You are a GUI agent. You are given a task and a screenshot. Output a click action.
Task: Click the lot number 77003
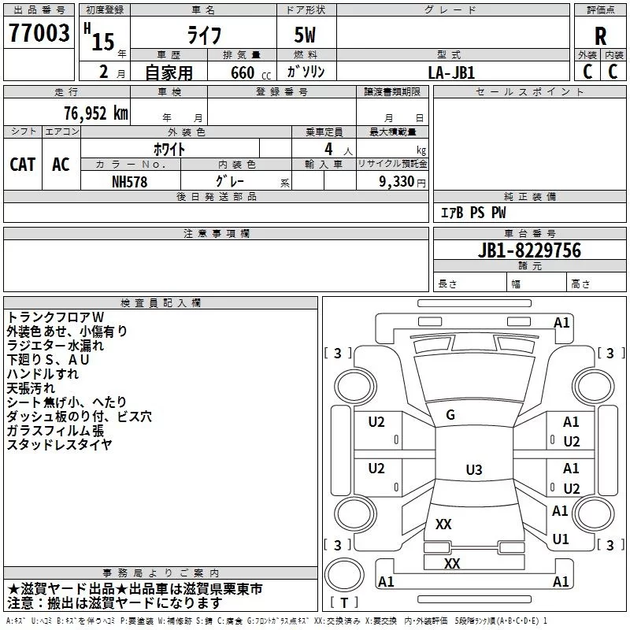click(x=39, y=34)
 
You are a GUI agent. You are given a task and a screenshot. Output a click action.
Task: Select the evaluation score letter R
click(x=600, y=35)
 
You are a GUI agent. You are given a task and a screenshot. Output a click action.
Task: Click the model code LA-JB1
click(x=451, y=72)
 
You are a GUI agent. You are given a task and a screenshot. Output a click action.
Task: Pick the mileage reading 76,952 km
click(x=91, y=113)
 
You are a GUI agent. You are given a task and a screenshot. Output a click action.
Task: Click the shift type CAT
click(x=22, y=164)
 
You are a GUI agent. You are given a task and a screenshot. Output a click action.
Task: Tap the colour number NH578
click(x=130, y=181)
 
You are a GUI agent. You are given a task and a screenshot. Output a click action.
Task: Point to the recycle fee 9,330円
click(x=401, y=181)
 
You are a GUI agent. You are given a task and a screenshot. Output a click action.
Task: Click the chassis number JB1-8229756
click(x=518, y=250)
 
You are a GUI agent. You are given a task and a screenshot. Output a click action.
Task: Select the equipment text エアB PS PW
click(x=473, y=213)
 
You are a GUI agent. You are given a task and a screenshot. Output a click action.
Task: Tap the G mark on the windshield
click(x=450, y=415)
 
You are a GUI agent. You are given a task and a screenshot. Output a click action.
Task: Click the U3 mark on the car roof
click(x=473, y=470)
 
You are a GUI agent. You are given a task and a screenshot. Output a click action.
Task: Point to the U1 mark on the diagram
click(x=561, y=539)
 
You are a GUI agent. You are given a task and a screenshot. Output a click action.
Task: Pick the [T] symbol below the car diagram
click(x=344, y=602)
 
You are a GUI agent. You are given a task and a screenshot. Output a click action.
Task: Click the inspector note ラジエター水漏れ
click(x=55, y=345)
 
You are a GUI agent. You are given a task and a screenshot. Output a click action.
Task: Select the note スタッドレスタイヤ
click(x=59, y=444)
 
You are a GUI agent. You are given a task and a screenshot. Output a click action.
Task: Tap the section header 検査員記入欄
click(x=161, y=302)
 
